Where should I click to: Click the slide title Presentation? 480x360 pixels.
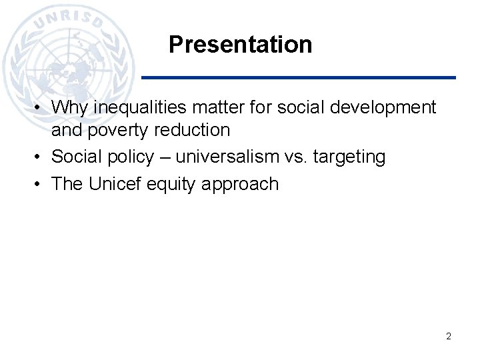240,45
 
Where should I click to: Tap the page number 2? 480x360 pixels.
449,336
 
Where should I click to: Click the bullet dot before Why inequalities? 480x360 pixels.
41,107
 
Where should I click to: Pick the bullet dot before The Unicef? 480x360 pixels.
41,185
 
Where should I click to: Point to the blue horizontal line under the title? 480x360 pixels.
300,77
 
